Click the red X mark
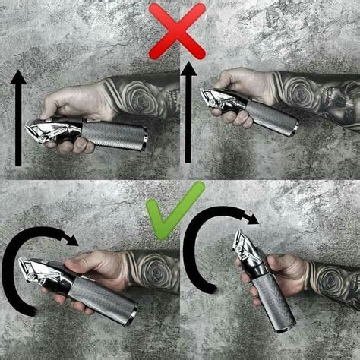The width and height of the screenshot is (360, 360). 177,30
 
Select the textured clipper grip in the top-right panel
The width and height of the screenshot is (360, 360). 270,118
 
